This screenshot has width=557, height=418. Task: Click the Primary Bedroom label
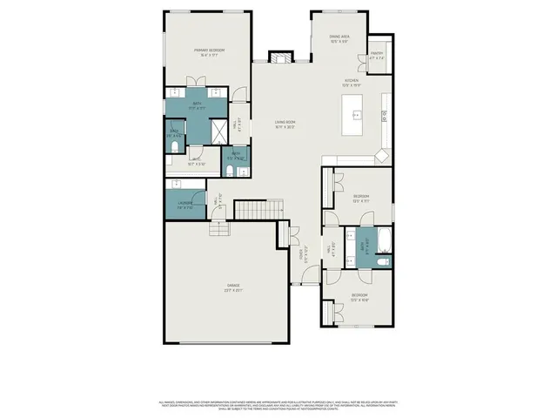[209, 53]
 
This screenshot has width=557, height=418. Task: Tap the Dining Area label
[339, 38]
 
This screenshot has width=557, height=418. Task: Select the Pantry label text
[377, 57]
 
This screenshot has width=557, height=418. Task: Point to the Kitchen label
[351, 83]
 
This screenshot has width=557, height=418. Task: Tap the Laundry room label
[185, 206]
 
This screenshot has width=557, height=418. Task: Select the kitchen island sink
[355, 115]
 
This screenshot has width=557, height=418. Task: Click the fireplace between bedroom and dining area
[280, 57]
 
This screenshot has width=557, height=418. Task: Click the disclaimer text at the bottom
[278, 404]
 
